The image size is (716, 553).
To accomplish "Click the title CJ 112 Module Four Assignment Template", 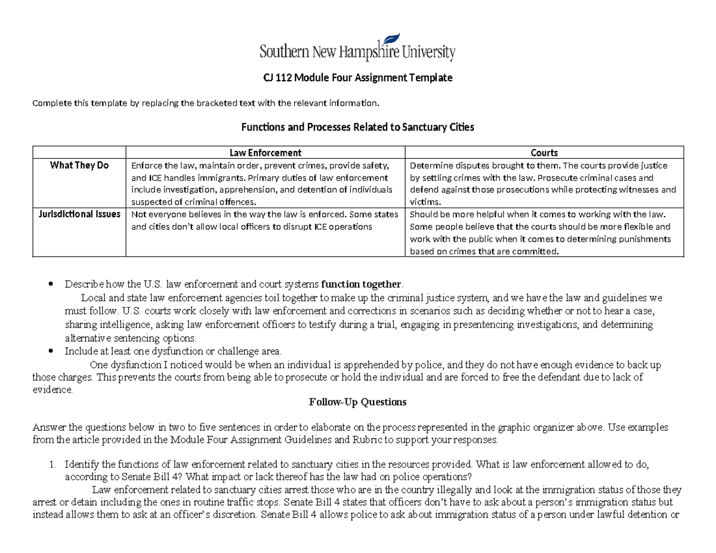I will [x=358, y=78].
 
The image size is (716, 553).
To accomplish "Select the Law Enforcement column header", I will [x=266, y=153].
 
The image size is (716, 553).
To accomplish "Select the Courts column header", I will [x=546, y=153].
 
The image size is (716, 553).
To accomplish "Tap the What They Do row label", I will [x=79, y=165].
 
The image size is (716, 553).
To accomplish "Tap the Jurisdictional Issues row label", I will [x=79, y=214].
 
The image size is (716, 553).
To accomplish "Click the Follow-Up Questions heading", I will [x=357, y=402].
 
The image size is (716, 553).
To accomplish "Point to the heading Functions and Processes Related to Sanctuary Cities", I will [x=357, y=127].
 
